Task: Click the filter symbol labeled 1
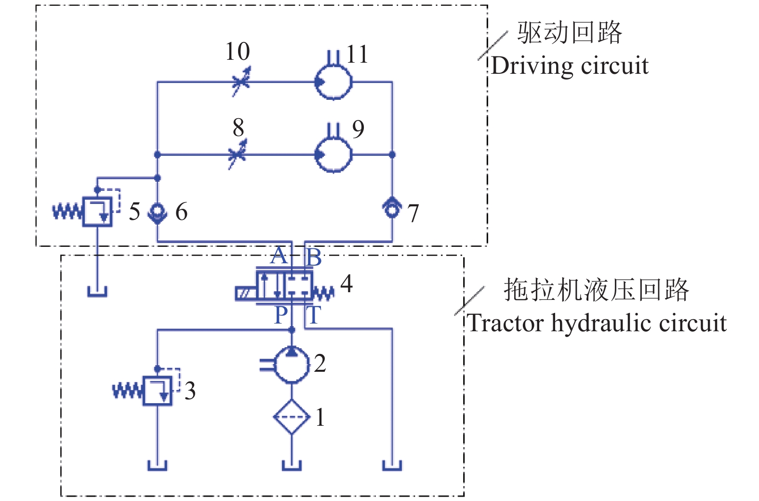point(292,417)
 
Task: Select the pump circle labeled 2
point(292,365)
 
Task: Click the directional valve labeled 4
point(284,287)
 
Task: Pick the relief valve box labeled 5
point(97,212)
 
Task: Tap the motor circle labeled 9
point(333,154)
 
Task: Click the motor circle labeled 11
point(333,81)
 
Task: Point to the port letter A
point(278,256)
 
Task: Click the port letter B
point(314,258)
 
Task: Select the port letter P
point(280,316)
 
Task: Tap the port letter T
point(314,316)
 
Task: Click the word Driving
point(529,66)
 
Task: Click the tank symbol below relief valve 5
point(97,291)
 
